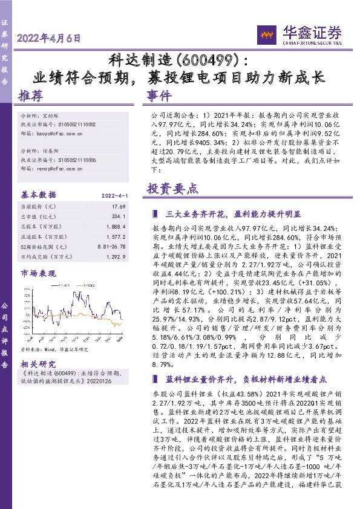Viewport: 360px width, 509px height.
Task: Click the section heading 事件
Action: click(x=159, y=97)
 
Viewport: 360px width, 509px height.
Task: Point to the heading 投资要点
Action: click(x=172, y=189)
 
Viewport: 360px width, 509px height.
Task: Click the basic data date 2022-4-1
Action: click(x=111, y=195)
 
